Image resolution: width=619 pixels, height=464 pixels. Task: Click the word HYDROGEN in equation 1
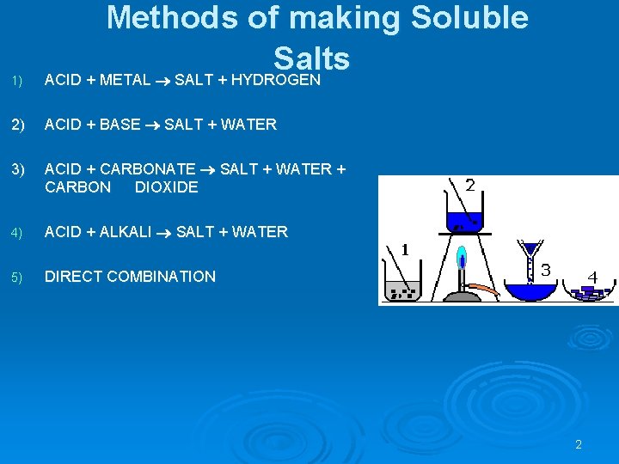pos(276,80)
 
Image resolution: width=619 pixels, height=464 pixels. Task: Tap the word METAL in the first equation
pos(125,80)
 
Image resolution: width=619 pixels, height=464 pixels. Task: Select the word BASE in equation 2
pos(120,125)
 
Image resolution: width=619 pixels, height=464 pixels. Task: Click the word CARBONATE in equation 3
pos(148,169)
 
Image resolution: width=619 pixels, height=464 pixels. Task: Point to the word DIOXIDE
pos(166,187)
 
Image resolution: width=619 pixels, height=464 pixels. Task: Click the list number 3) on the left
pos(18,169)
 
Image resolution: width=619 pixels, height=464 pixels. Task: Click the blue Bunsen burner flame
pos(462,257)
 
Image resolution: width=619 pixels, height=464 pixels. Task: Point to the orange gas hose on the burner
pos(485,291)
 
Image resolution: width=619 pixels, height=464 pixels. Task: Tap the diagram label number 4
pos(592,278)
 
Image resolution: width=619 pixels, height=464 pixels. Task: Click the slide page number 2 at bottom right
pos(579,445)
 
